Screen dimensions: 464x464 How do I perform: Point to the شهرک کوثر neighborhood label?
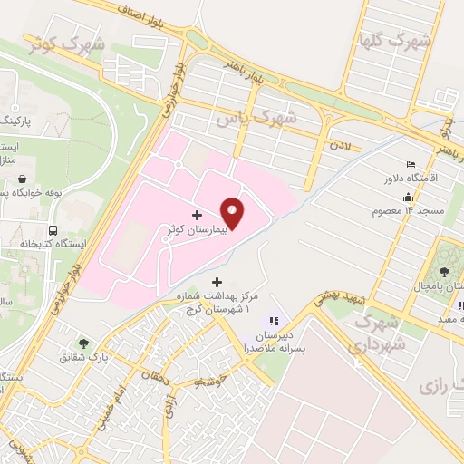coord(67,43)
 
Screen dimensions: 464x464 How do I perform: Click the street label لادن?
coord(341,144)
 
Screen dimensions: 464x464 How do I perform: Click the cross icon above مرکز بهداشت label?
coord(215,281)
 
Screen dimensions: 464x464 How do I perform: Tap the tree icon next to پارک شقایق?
coord(83,343)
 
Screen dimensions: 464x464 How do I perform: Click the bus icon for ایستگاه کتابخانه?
coord(53,230)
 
